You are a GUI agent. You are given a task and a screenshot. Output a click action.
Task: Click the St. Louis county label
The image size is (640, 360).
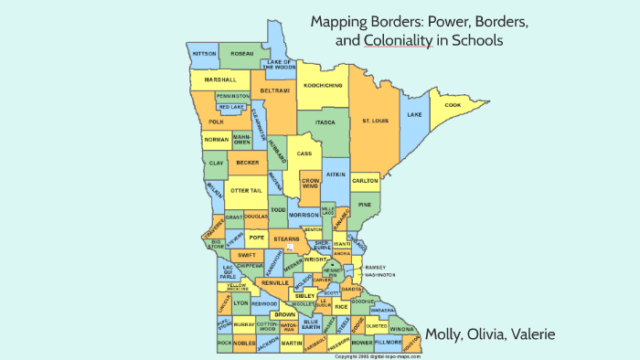coord(377,121)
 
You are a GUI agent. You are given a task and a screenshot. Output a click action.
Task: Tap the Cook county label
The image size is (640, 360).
coord(452,105)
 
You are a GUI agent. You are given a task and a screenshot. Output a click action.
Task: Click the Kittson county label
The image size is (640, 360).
coord(203,54)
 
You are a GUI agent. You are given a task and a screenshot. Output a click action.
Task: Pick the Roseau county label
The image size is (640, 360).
coord(241,54)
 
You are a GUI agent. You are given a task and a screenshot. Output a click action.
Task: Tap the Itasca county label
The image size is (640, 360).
coord(325,122)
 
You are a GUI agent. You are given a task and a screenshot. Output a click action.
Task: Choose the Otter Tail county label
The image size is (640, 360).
coord(245,190)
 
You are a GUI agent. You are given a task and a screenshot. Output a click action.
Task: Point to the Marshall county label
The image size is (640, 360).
coord(220,79)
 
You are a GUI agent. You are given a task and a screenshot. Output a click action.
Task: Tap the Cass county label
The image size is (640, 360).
coord(304,154)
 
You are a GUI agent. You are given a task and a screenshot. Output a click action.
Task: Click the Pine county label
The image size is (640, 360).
coord(365,205)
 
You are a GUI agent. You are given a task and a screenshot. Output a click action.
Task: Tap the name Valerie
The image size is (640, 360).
coord(528,334)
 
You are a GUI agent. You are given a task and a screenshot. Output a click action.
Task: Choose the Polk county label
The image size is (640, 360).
coord(216,122)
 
